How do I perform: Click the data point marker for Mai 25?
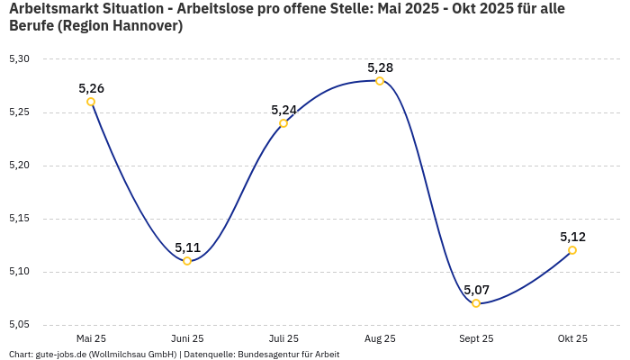click(x=91, y=102)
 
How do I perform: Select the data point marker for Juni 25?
click(x=187, y=261)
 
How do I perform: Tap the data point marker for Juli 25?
click(x=283, y=123)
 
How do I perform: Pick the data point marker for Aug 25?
click(x=380, y=81)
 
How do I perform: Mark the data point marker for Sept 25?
click(x=476, y=303)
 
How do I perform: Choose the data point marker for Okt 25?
click(x=572, y=250)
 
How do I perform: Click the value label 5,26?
click(x=91, y=88)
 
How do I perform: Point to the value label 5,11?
click(x=187, y=247)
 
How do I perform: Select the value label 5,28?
click(x=380, y=67)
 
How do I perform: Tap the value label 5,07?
click(x=476, y=290)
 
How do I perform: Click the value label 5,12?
click(x=572, y=237)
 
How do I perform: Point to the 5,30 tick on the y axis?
click(x=19, y=59)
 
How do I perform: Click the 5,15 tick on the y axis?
click(x=19, y=219)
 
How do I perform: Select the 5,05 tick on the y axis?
click(x=19, y=325)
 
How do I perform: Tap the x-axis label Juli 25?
click(x=283, y=338)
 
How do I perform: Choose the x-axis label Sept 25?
click(x=476, y=338)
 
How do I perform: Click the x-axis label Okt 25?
click(x=572, y=338)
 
